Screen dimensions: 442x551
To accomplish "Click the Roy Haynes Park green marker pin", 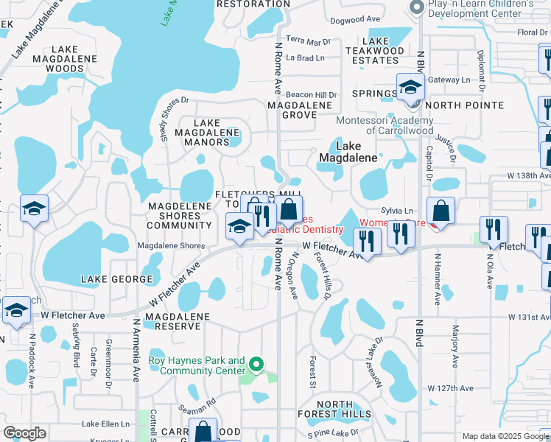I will pos(256,364).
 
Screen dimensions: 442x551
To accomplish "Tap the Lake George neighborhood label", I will pos(118,279).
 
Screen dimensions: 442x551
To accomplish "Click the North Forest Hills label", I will pos(344,409).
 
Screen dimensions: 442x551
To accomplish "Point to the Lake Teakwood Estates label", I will pos(376,50).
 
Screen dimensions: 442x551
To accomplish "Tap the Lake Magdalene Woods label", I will pos(55,59).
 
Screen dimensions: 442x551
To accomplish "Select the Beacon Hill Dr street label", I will pos(311,95).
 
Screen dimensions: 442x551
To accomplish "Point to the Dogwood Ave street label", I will pos(355,19).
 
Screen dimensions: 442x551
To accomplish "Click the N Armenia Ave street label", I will pos(136,349).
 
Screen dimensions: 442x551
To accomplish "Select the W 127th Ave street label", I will pos(452,388).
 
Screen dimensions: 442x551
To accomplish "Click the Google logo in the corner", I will pos(24,433).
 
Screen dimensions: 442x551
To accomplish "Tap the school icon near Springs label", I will pos(410,89).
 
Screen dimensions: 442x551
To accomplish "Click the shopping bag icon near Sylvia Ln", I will pos(440,211).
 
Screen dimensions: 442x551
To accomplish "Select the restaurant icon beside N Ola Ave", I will pos(493,231).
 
